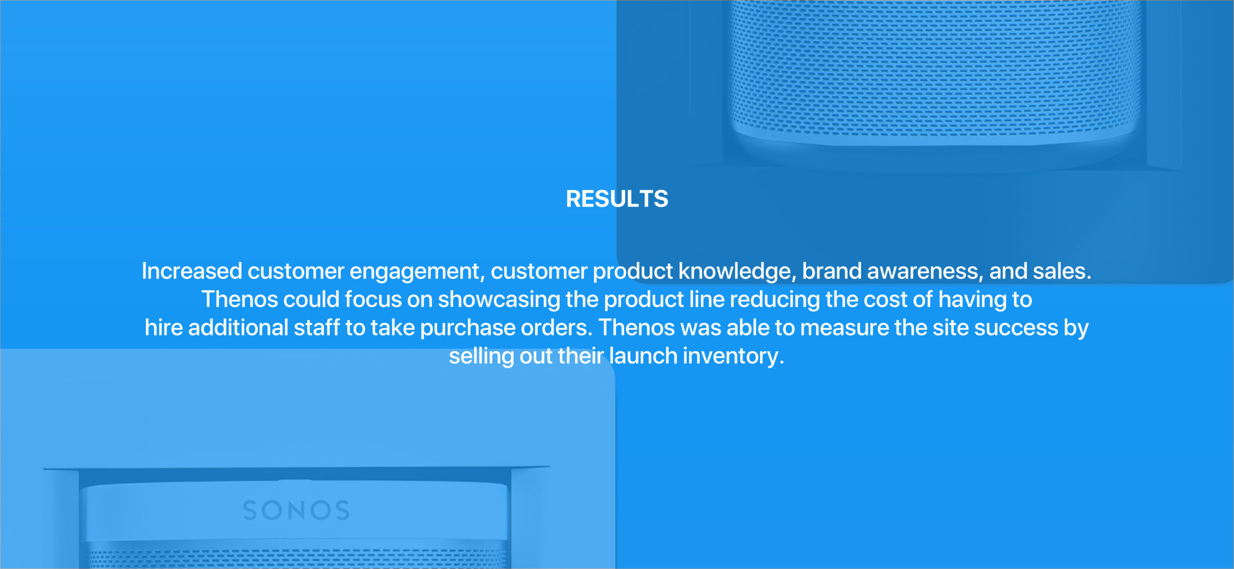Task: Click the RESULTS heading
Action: tap(617, 199)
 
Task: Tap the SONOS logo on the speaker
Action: tap(296, 511)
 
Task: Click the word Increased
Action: tap(192, 271)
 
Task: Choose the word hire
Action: tap(164, 328)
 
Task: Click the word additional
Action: tap(238, 328)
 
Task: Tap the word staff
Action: tap(317, 328)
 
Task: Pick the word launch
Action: tap(643, 356)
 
